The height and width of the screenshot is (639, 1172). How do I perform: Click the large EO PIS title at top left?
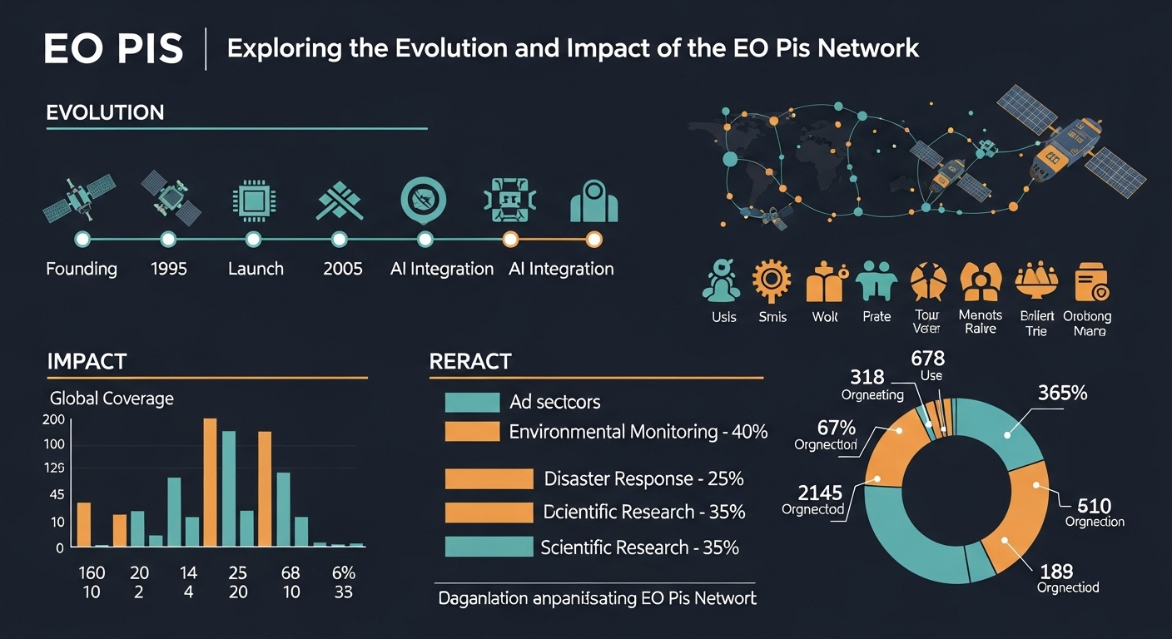[114, 49]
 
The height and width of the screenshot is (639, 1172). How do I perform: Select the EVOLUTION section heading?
[105, 112]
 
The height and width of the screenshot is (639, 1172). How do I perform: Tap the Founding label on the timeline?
[82, 269]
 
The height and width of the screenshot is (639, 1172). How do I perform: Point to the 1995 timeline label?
[169, 269]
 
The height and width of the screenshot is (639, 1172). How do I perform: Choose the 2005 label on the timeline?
[341, 269]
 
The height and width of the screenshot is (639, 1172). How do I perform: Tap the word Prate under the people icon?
[877, 317]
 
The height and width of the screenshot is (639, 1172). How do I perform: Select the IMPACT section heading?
[87, 361]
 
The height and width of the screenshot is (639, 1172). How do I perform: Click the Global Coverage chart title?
[112, 398]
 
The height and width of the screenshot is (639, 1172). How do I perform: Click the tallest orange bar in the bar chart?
[210, 482]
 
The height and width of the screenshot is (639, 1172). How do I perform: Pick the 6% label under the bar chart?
[343, 572]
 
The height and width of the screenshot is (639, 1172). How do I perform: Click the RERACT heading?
[469, 362]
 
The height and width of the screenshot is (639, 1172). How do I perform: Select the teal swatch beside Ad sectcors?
[472, 402]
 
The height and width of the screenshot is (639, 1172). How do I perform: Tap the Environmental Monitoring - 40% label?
[638, 432]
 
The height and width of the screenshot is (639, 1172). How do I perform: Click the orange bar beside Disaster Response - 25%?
[489, 478]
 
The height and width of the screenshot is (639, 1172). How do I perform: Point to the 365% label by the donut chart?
[1062, 394]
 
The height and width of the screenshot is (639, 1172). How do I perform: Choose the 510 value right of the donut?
[1094, 505]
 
